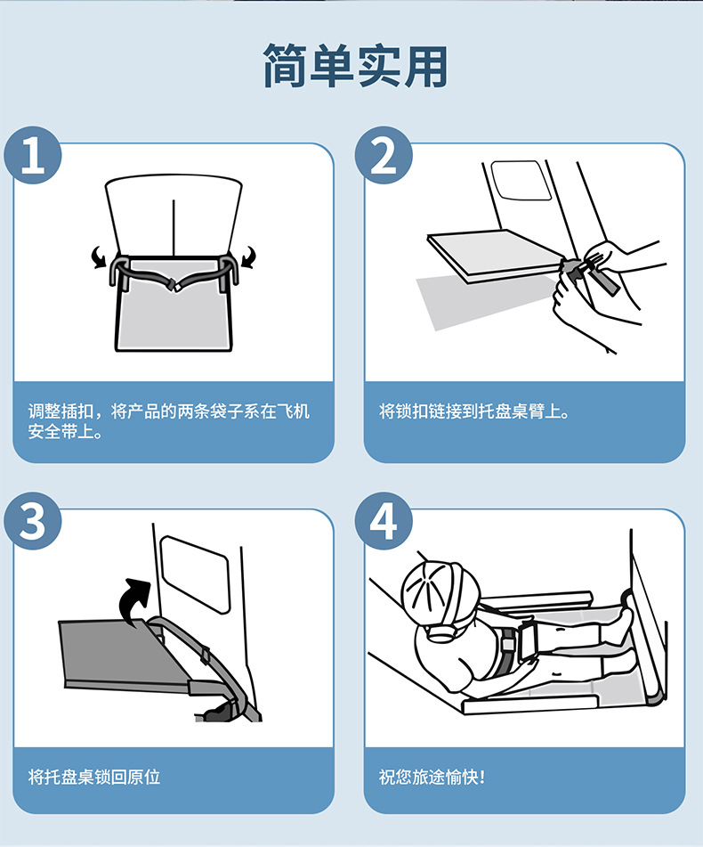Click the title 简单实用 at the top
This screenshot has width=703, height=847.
(x=355, y=66)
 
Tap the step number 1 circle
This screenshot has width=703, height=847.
(x=33, y=156)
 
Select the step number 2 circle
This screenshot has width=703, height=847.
(x=384, y=156)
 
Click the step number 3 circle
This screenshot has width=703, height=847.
(x=33, y=521)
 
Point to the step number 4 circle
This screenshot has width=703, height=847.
(x=384, y=521)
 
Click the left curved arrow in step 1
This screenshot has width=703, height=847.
(x=98, y=257)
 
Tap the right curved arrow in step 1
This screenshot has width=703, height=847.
(x=249, y=257)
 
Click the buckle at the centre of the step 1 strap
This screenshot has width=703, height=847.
(x=174, y=285)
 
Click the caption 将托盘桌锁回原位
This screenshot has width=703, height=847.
(x=93, y=778)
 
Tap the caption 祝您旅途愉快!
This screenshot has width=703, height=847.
(x=432, y=778)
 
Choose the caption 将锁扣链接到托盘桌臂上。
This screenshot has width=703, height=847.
(x=474, y=411)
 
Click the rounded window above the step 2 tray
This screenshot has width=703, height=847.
(x=521, y=180)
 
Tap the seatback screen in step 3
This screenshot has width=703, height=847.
(x=196, y=574)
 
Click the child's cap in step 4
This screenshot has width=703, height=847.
(x=440, y=590)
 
